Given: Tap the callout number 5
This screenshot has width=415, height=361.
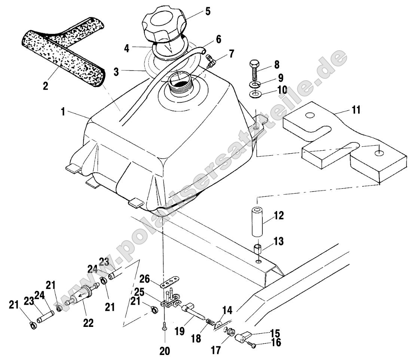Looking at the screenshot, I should (x=207, y=11).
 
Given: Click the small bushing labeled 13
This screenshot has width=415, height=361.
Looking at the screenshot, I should (x=257, y=249).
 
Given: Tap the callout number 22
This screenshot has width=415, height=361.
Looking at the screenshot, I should (x=89, y=322).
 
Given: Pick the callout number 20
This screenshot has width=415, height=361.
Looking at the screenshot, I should (x=165, y=351).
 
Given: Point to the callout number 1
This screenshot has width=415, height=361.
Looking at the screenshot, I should (x=64, y=112).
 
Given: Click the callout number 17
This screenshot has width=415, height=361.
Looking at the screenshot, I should (x=216, y=350).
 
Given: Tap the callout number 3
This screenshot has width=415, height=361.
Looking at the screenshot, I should (x=117, y=72).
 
